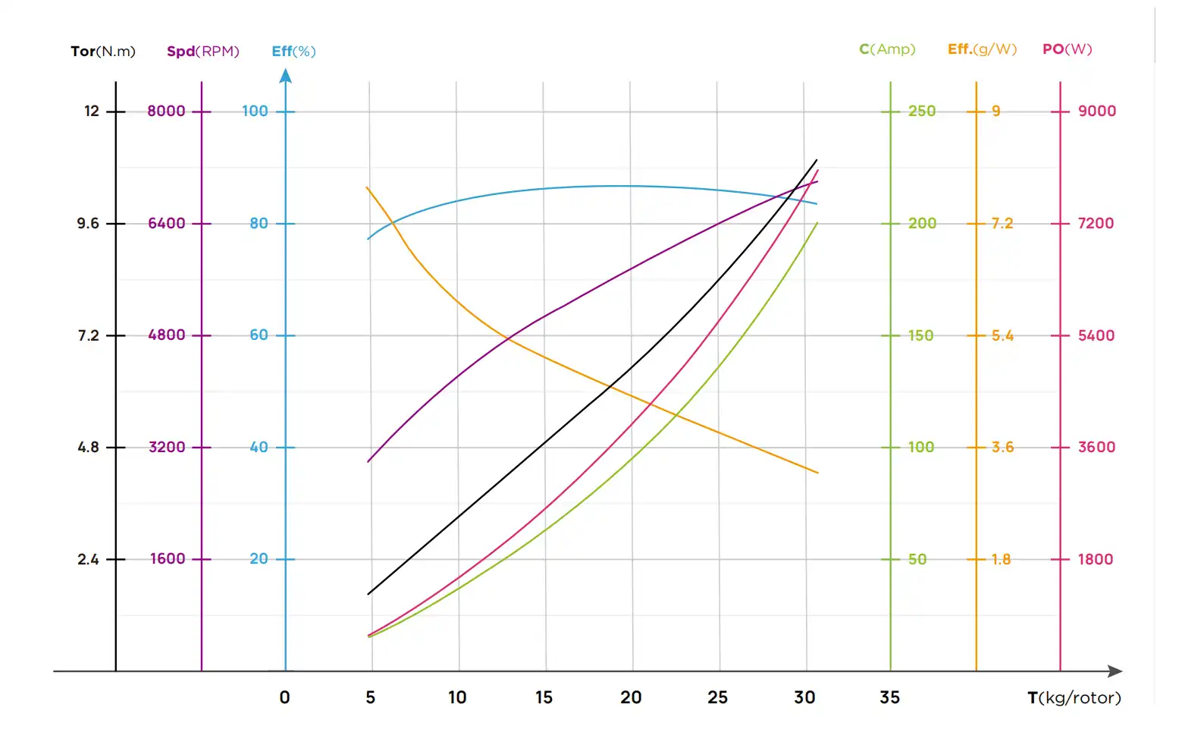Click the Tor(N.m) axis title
point(103,52)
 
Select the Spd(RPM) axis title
point(203,52)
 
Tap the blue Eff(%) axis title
point(293,52)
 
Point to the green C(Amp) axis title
point(887,49)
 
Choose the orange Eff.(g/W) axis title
point(982,49)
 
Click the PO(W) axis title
point(1067,49)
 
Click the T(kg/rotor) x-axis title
point(1074,698)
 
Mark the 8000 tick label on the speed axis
point(166,112)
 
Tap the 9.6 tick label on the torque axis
point(88,224)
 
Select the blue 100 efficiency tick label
point(255,112)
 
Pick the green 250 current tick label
point(922,112)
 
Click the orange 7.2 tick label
point(1002,224)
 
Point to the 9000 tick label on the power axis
point(1097,112)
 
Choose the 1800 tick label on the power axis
point(1096,560)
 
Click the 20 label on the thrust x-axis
point(631,698)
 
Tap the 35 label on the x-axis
point(890,698)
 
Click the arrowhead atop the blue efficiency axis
point(286,75)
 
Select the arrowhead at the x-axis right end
point(1115,671)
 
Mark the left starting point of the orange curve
point(368,187)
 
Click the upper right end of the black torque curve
point(817,160)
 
